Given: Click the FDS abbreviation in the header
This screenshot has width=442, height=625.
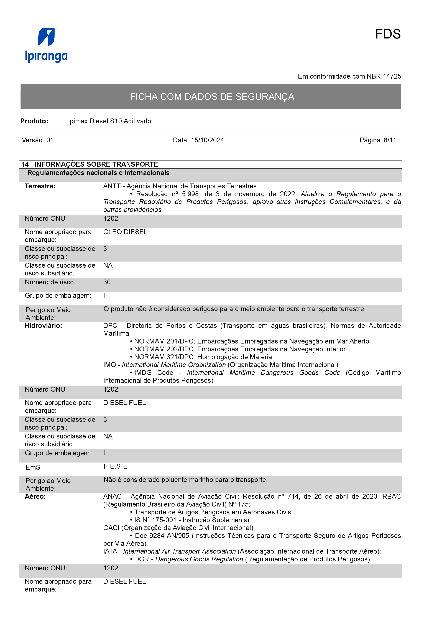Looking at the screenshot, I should [x=388, y=34].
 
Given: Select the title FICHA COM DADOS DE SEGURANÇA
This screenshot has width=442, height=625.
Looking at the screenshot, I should [x=212, y=97].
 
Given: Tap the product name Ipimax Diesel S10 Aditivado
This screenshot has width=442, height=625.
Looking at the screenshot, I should [x=109, y=121].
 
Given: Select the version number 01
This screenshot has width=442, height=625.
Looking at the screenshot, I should [x=50, y=140].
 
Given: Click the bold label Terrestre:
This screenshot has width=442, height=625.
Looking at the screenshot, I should [x=40, y=186].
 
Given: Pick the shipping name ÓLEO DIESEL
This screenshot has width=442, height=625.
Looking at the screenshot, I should [x=125, y=232].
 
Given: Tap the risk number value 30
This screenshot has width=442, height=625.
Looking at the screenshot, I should [x=107, y=282].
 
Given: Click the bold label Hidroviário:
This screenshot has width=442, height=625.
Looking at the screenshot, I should [x=44, y=326].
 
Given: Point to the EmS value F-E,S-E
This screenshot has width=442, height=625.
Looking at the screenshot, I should [x=116, y=467].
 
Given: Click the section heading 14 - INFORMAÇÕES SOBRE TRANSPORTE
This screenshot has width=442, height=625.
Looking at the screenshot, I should [x=90, y=164].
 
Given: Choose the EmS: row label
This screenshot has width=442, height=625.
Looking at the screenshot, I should [x=34, y=468].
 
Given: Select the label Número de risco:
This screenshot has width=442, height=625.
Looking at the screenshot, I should [x=50, y=282].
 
